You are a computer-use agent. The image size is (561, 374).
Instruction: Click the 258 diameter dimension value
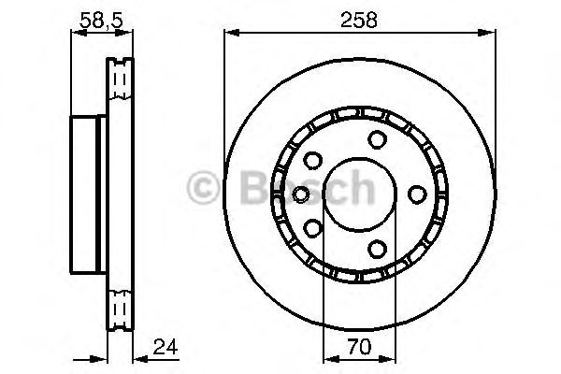pos(359,20)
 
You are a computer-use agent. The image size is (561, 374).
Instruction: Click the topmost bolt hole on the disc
pos(377,140)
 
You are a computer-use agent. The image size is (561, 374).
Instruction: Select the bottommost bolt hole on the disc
pos(377,248)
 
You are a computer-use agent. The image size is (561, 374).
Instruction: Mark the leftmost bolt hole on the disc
pos(301,194)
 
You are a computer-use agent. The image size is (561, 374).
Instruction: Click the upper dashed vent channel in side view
pos(119,84)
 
